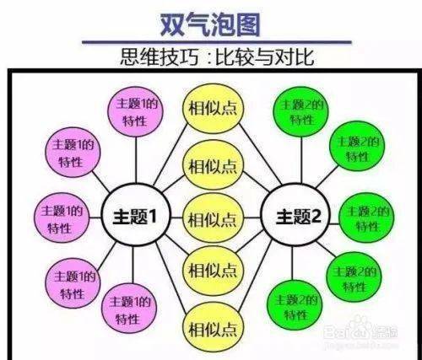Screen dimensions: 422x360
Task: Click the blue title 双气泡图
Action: click(x=210, y=24)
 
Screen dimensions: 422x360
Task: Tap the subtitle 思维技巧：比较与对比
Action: click(x=217, y=57)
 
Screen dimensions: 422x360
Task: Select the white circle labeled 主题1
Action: click(x=136, y=215)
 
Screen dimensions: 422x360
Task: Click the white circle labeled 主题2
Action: click(x=295, y=215)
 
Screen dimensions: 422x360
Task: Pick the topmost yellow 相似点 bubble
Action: click(x=213, y=109)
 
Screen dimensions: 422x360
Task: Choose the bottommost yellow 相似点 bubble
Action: click(x=213, y=329)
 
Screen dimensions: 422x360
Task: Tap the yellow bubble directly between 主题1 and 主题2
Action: click(x=213, y=218)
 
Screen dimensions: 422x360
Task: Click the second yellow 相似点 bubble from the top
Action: click(x=213, y=165)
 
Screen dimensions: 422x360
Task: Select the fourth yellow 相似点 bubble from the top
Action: click(x=213, y=271)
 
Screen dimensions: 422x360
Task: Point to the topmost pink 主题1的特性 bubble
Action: click(x=136, y=111)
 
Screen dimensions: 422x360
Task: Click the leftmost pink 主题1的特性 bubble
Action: click(x=62, y=218)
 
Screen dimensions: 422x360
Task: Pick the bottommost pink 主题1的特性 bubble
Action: click(x=128, y=309)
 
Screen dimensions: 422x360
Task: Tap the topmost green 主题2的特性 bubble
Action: click(x=301, y=111)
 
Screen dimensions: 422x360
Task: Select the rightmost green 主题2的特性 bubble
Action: click(x=366, y=218)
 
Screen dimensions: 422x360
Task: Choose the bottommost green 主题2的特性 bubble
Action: click(x=295, y=305)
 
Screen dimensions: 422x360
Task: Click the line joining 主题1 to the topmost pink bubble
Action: click(x=136, y=160)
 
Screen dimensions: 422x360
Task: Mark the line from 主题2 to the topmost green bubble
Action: click(x=301, y=160)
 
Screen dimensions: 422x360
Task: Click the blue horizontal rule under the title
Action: click(x=217, y=42)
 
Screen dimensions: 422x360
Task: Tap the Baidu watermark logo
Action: click(x=360, y=330)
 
